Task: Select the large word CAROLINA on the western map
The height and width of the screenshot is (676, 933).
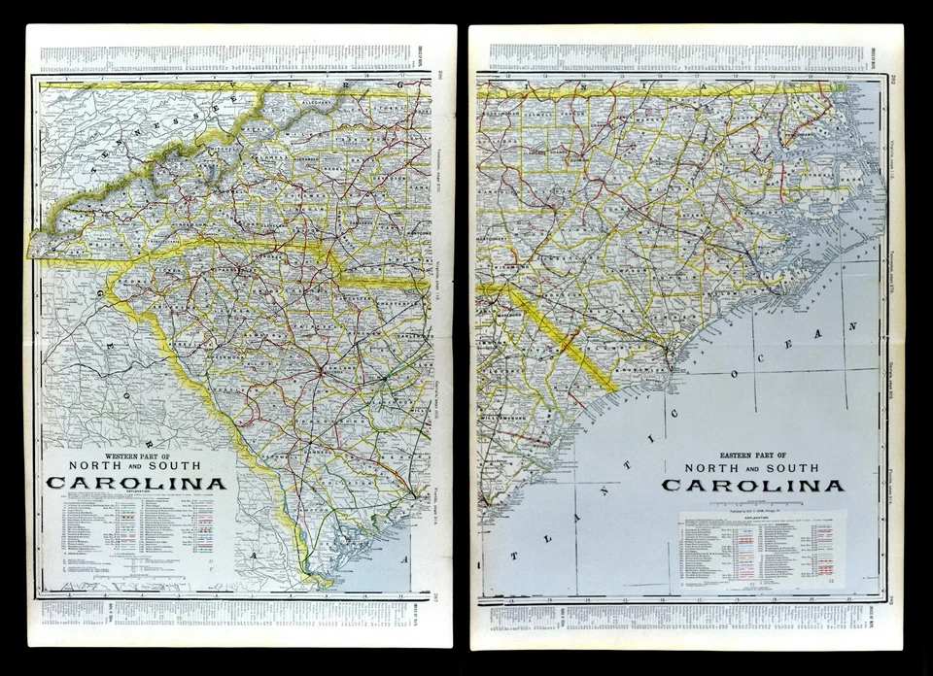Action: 136,483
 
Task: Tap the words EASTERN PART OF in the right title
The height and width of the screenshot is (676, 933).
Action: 753,455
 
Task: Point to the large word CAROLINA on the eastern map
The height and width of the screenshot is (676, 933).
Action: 753,485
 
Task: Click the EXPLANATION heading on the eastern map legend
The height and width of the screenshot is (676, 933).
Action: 762,519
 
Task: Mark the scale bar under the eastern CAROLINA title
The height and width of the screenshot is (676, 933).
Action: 753,502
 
